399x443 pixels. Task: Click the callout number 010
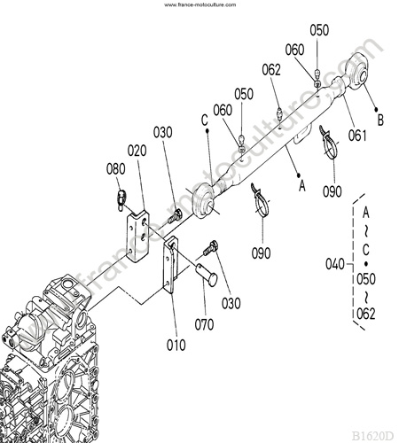[x=176, y=345]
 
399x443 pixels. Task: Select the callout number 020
[x=137, y=151]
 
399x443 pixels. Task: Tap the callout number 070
[x=204, y=324]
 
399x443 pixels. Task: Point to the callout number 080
[x=116, y=169]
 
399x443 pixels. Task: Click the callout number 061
[x=357, y=136]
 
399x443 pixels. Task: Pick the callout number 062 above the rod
[x=271, y=70]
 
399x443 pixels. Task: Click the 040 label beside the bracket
[x=335, y=264]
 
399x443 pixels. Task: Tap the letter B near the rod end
[x=380, y=120]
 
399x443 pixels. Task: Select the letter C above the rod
[x=205, y=120]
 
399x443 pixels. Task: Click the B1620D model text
[x=373, y=436]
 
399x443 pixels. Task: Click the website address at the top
[x=200, y=4]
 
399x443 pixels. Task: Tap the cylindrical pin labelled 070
[x=207, y=275]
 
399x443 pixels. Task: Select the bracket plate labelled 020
[x=137, y=236]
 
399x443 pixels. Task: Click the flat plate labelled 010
[x=171, y=264]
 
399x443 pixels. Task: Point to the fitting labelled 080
[x=121, y=200]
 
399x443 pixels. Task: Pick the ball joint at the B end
[x=357, y=71]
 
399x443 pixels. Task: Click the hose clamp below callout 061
[x=329, y=144]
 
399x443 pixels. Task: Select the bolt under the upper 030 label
[x=175, y=216]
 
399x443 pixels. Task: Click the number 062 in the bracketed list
[x=366, y=314]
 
